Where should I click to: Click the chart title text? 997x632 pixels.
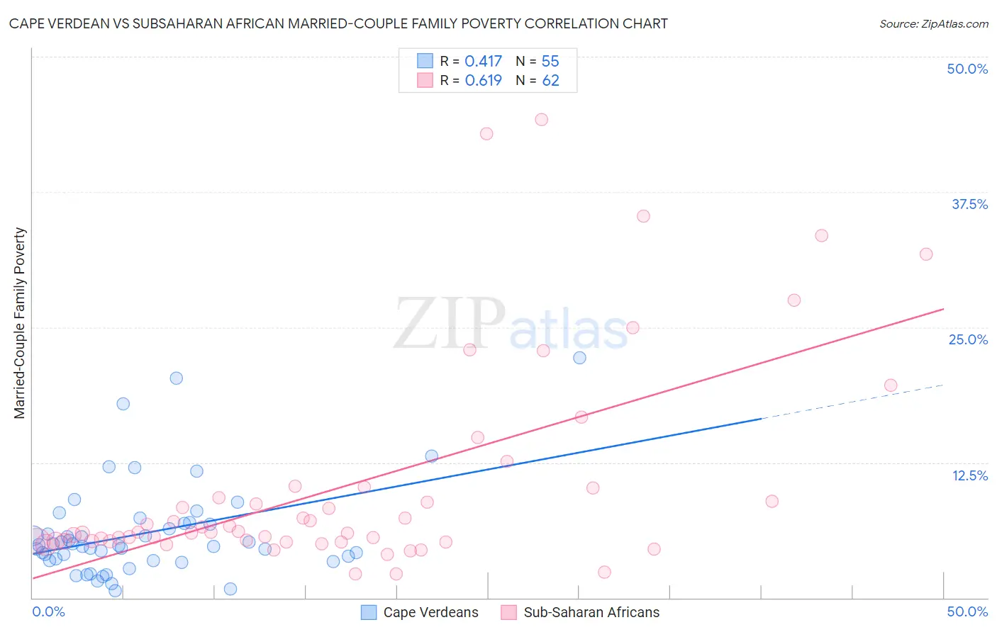[x=338, y=23]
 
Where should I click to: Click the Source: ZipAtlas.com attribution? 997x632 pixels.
[x=933, y=23]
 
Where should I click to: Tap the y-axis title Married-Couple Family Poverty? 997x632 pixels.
[x=20, y=323]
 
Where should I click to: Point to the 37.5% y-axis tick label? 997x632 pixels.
[x=969, y=204]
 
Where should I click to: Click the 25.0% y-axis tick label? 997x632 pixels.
[x=968, y=339]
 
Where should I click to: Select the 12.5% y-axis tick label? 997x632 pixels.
[x=969, y=475]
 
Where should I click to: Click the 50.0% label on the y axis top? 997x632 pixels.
[x=967, y=69]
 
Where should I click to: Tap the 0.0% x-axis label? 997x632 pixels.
[x=48, y=611]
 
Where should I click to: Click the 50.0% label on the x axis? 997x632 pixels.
[x=967, y=611]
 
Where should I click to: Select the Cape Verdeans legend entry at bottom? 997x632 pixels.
[x=420, y=612]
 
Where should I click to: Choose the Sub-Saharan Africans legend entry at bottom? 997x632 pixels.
[x=580, y=612]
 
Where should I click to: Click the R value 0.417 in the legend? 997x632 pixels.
[x=483, y=62]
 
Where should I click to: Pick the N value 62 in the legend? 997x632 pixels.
[x=550, y=81]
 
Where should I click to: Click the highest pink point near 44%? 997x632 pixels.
[x=541, y=120]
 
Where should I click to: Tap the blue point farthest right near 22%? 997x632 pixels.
[x=579, y=358]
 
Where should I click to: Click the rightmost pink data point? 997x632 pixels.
[x=925, y=254]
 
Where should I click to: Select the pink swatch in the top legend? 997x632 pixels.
[x=425, y=80]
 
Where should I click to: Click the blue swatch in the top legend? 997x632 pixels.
[x=425, y=61]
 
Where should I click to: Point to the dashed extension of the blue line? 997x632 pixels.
[x=851, y=402]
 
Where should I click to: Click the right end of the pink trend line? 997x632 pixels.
[x=943, y=309]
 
